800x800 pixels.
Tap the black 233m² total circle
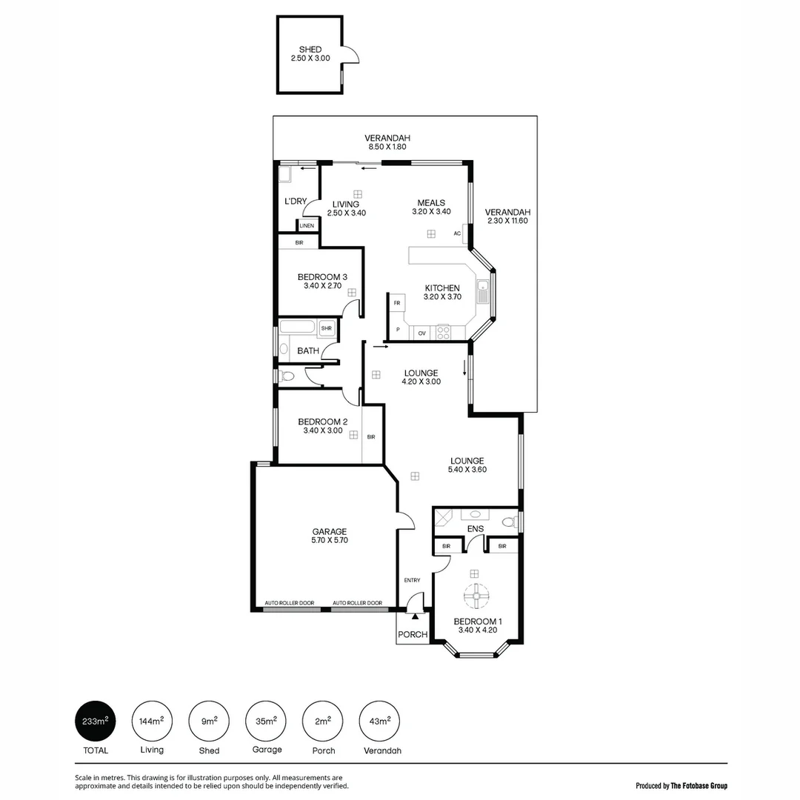96,720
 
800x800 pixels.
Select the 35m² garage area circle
267,720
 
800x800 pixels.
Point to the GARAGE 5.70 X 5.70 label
330,536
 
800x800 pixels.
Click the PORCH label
413,635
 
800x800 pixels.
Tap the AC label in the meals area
458,233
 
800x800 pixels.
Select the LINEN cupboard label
307,226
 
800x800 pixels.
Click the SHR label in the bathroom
326,327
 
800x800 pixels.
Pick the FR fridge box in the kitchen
397,304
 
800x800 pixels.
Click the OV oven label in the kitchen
421,334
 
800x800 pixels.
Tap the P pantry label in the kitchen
399,330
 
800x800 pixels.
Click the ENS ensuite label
476,529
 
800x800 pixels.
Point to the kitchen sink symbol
482,291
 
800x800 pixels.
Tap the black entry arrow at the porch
416,615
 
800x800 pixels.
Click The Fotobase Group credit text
681,785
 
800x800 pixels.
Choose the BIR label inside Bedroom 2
370,437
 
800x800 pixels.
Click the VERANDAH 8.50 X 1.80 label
387,142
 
